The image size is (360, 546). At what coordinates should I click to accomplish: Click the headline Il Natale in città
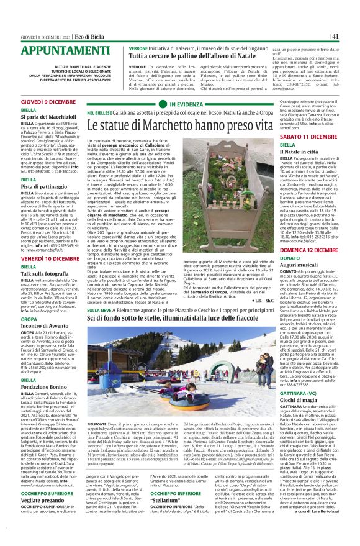click(299, 152)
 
